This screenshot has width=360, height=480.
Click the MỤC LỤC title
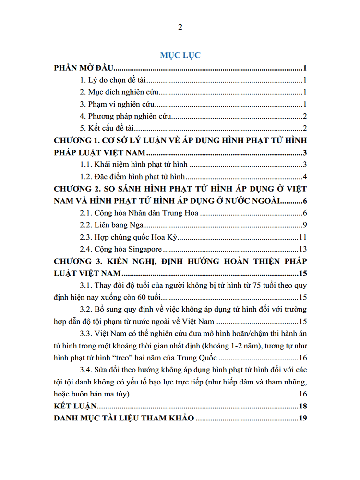click(x=180, y=55)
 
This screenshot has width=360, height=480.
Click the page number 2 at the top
click(x=180, y=27)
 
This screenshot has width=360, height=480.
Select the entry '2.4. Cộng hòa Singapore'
click(x=120, y=249)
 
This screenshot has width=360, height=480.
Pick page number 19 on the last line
click(x=302, y=419)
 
